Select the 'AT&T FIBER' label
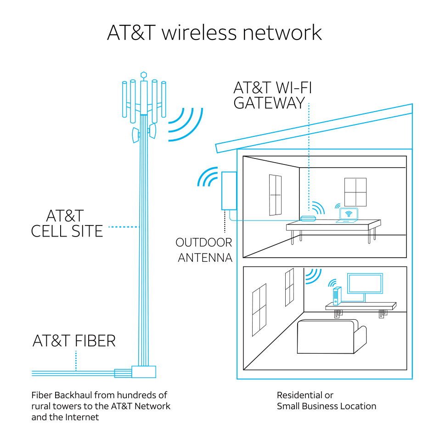point(74,341)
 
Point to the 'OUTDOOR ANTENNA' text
point(204,250)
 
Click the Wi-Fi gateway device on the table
point(308,218)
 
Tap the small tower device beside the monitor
point(336,296)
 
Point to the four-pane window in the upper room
point(355,192)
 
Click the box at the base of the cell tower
point(143,371)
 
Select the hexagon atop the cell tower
point(144,73)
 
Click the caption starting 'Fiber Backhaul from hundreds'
point(101,406)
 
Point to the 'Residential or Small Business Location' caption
point(326,401)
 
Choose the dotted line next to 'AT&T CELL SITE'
point(123,226)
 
